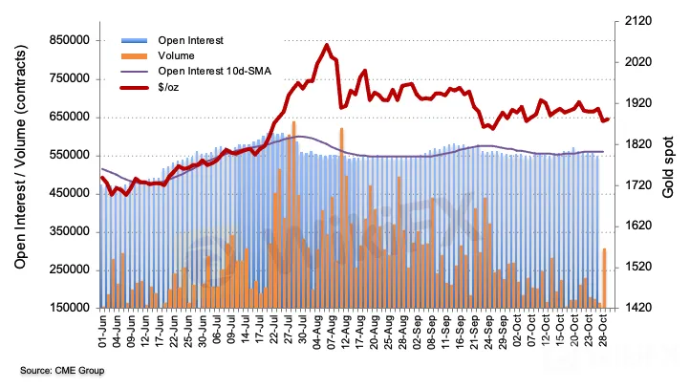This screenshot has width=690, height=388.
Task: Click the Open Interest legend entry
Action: tap(190, 41)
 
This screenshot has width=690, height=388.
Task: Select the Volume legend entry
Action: tap(178, 55)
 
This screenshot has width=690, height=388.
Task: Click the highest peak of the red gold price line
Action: tap(327, 45)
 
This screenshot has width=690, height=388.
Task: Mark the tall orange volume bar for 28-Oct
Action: tap(605, 277)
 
